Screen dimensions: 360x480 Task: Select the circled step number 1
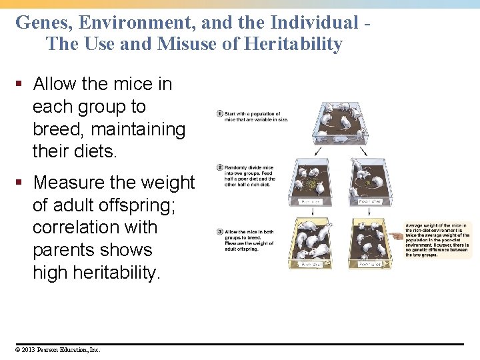click(x=219, y=113)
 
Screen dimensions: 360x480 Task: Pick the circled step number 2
click(x=219, y=167)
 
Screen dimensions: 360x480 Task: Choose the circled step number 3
click(x=219, y=231)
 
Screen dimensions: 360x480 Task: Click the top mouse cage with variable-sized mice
click(x=339, y=123)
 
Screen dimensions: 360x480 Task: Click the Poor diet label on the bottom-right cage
click(x=371, y=264)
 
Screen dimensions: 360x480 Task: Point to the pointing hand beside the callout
click(x=397, y=235)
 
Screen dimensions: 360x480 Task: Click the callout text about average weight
click(x=437, y=240)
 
